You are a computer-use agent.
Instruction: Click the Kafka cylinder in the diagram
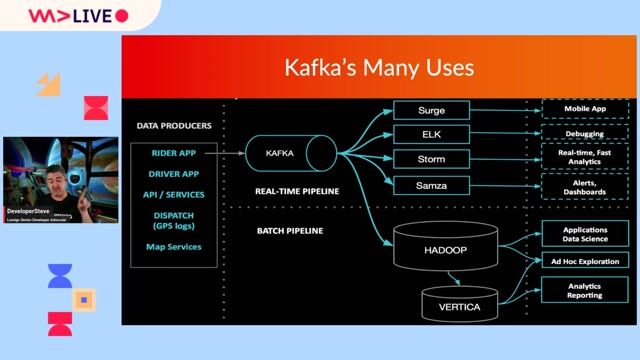[x=290, y=153]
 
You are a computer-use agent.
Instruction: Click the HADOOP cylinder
[x=436, y=249]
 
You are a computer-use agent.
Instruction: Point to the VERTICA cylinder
[x=458, y=301]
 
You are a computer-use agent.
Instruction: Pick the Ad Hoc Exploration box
[x=584, y=261]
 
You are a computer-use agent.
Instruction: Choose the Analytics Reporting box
[x=584, y=290]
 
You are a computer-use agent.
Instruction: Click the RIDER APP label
[x=173, y=153]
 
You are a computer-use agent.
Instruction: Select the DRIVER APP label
[x=173, y=173]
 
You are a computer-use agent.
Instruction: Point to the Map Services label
[x=173, y=246]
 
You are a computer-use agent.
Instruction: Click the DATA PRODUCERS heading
[x=173, y=126]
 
